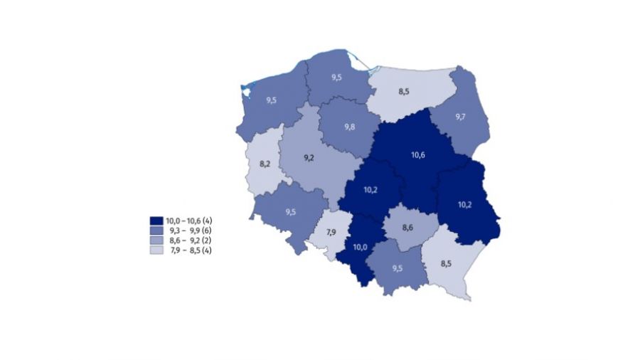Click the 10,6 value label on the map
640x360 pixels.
[x=418, y=154]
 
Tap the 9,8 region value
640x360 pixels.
[x=349, y=127]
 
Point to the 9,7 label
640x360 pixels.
[x=461, y=115]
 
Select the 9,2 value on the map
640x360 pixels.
[x=309, y=157]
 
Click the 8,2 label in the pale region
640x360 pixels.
[x=265, y=164]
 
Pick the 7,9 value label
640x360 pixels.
[x=331, y=233]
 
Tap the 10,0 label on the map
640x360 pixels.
[x=361, y=247]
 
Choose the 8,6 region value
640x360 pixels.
[x=407, y=228]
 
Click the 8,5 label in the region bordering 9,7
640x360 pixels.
[x=404, y=91]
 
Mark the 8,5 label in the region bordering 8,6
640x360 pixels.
[x=446, y=263]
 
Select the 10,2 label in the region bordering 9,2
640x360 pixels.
[x=370, y=190]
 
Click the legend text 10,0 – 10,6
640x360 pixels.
[x=182, y=222]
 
